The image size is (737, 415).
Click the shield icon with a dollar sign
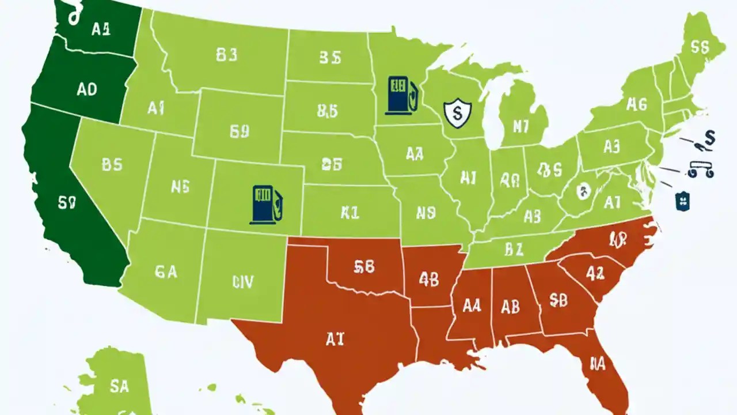click(458, 112)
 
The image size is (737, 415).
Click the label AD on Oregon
click(86, 89)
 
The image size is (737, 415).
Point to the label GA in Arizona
click(166, 271)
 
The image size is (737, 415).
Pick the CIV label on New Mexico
click(243, 281)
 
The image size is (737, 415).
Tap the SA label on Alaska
click(119, 386)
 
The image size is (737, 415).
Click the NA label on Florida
click(598, 363)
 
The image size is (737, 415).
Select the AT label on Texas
click(334, 339)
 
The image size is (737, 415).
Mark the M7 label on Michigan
click(520, 126)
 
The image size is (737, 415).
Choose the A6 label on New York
click(636, 104)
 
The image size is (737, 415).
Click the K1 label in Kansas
click(349, 213)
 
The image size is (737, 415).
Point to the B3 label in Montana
click(226, 55)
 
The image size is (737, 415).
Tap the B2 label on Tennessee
click(513, 249)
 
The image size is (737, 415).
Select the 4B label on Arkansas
click(429, 279)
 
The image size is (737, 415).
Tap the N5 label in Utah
click(180, 186)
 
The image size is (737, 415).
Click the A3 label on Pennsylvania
click(611, 146)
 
